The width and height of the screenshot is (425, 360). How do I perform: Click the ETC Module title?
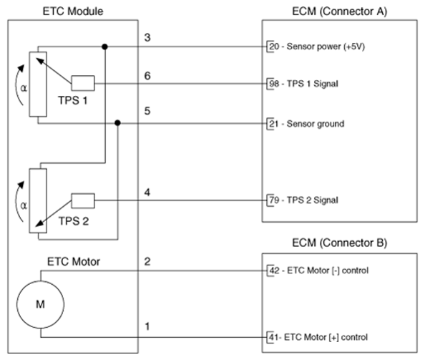click(x=73, y=11)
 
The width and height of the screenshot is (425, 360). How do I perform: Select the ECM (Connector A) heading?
click(x=339, y=11)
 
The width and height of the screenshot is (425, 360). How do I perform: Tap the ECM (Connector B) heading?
click(x=339, y=243)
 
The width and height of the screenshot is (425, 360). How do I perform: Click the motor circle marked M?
click(x=40, y=304)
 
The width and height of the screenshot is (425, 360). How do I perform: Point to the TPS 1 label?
click(x=73, y=101)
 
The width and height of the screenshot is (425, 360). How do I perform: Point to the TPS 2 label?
click(x=74, y=221)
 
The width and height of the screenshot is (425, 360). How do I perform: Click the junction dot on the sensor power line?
click(x=105, y=47)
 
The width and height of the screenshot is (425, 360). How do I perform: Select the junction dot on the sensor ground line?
click(x=117, y=123)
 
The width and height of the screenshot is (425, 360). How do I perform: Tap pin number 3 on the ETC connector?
click(x=147, y=37)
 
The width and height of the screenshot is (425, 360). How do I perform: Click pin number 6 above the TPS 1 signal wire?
click(x=147, y=76)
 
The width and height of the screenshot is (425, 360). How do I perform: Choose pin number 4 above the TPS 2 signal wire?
click(x=147, y=193)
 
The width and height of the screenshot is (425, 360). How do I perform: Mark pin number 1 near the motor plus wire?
click(x=147, y=326)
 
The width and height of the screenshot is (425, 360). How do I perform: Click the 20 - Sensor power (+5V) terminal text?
click(x=317, y=47)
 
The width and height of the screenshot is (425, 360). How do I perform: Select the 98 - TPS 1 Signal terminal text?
click(x=303, y=84)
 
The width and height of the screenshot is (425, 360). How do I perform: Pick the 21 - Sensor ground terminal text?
click(x=306, y=124)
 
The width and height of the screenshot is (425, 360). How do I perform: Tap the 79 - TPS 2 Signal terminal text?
click(x=303, y=200)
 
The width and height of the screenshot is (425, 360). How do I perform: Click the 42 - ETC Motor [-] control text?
click(x=319, y=271)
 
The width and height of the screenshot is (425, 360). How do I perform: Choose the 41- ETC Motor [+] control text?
click(x=318, y=337)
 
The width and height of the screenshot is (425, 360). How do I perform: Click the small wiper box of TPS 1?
click(x=83, y=83)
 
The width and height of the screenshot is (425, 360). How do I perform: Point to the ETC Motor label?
click(x=74, y=262)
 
